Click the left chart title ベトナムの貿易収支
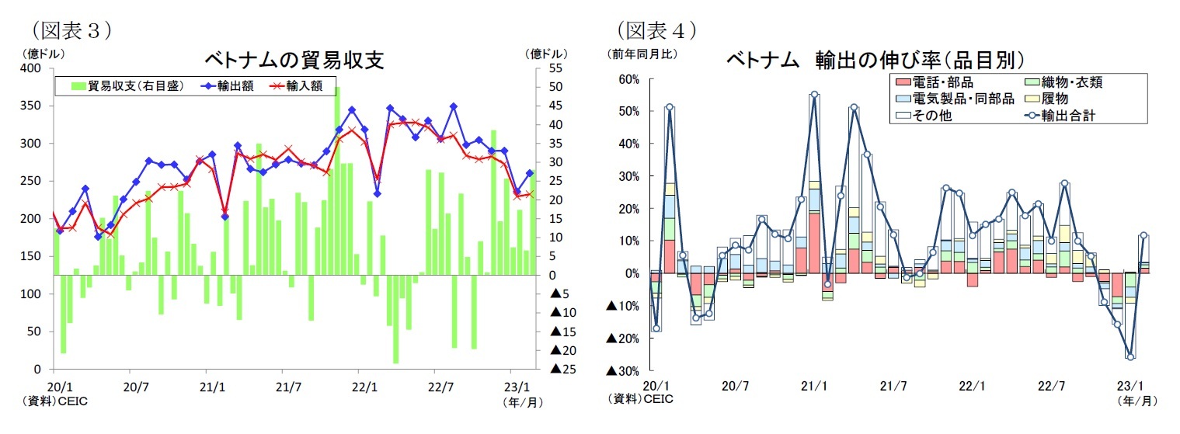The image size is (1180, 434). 294,60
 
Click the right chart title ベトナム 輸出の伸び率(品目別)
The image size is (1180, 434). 875,60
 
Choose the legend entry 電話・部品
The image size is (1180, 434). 933,82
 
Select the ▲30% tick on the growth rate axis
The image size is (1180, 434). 625,370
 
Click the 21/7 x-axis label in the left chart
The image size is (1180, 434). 288,386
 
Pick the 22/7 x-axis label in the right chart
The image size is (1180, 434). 1051,386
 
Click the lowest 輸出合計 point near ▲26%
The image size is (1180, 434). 1130,356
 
